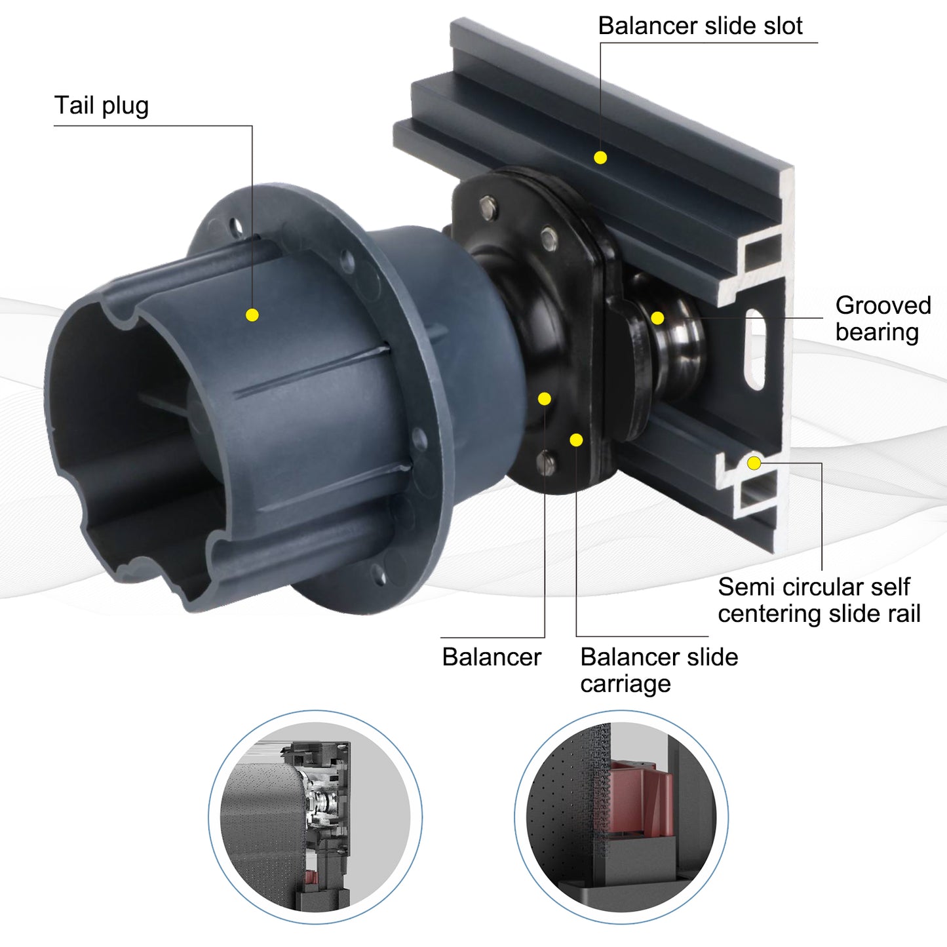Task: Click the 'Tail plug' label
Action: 101,106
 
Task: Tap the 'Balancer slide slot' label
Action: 701,26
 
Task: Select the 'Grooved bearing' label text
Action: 883,319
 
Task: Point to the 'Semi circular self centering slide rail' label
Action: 819,600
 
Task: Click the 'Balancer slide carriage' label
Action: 659,670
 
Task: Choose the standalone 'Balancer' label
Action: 492,657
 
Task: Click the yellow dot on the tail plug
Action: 252,315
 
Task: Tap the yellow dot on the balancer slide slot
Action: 600,158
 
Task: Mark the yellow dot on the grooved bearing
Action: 657,318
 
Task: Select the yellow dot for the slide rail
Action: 754,463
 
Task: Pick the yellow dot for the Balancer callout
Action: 544,398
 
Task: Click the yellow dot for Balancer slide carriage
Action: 576,440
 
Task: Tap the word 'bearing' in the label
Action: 878,333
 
